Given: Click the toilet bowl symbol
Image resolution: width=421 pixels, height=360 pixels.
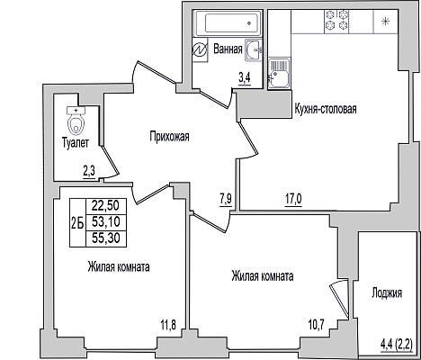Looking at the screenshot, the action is (x=76, y=120).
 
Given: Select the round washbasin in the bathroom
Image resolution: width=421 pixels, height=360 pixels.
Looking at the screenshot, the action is (x=254, y=49).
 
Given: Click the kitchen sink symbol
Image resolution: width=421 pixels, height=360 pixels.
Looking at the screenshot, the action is (x=279, y=74).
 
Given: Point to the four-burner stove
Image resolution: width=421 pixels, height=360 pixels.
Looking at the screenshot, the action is (x=336, y=20).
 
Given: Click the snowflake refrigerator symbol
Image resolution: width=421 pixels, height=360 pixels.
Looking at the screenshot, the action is (x=385, y=22).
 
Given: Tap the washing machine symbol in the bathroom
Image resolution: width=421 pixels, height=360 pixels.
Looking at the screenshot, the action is (x=200, y=49).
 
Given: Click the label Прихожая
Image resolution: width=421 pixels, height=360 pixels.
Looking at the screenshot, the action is (x=170, y=137).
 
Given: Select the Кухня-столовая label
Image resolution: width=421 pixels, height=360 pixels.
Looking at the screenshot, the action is (x=326, y=109).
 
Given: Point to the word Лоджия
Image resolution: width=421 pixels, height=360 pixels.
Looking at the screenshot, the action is (x=387, y=293).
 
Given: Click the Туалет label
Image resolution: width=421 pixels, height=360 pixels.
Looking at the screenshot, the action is (x=76, y=143).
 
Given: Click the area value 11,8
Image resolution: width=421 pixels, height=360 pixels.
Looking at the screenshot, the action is (x=168, y=324).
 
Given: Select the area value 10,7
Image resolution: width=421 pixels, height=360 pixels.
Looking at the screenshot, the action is (x=317, y=324).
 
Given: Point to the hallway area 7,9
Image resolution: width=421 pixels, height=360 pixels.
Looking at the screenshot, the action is (x=226, y=200).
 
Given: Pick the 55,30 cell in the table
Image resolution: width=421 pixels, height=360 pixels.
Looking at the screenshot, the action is (x=106, y=238).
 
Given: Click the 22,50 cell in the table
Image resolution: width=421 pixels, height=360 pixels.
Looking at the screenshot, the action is (x=105, y=206).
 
